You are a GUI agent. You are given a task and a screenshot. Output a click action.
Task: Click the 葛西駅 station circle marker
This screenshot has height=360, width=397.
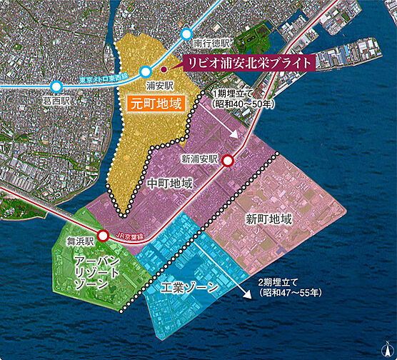[56, 86]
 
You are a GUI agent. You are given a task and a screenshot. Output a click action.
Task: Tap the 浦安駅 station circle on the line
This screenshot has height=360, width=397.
[146, 71]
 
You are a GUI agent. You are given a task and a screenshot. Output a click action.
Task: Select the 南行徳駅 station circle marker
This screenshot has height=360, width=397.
[188, 33]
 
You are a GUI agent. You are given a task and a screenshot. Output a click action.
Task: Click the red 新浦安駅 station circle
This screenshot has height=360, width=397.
[228, 161]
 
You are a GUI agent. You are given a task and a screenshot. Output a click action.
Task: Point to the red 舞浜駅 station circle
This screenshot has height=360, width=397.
[103, 235]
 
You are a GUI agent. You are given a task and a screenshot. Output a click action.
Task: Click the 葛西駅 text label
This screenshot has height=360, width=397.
[56, 101]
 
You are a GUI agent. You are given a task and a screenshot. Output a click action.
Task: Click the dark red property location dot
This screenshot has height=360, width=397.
[163, 69]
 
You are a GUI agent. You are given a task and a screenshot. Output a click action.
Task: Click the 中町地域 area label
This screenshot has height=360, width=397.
[170, 184]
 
